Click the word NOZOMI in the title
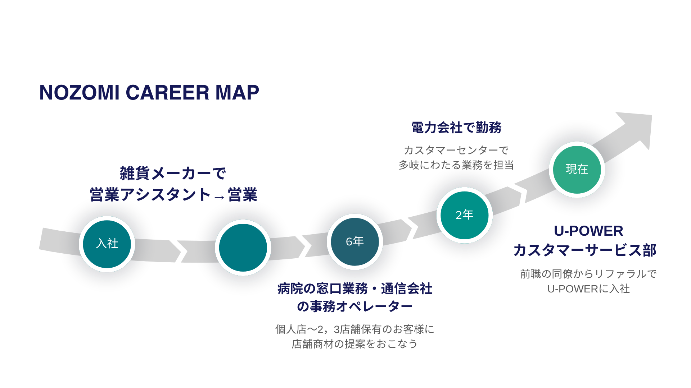[79, 93]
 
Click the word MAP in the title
[237, 93]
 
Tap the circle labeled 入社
[107, 244]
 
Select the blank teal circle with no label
[243, 248]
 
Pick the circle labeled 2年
[464, 215]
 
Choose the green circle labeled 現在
[577, 169]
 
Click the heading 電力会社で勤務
[456, 128]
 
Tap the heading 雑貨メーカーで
[173, 174]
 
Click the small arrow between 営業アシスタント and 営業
[219, 197]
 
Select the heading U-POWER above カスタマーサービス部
[588, 231]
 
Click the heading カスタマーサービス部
[585, 250]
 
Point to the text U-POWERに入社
[588, 289]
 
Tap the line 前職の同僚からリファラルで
[588, 274]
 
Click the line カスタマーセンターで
[456, 150]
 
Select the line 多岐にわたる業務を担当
[456, 165]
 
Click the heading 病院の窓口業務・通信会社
[354, 289]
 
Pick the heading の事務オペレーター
[354, 307]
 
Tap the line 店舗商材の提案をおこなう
[354, 344]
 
